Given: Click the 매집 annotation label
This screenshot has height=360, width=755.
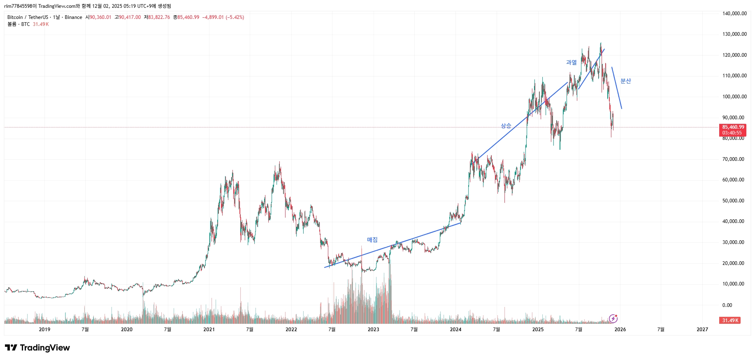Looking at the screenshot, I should (x=372, y=240).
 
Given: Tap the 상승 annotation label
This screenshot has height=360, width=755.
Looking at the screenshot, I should (x=506, y=126).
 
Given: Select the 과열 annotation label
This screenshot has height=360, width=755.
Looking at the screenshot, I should (x=571, y=63).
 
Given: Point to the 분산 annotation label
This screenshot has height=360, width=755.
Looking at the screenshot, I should (x=625, y=81).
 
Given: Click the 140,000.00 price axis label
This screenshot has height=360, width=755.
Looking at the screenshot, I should (x=734, y=14).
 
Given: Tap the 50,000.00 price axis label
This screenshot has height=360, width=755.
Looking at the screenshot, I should (x=733, y=201).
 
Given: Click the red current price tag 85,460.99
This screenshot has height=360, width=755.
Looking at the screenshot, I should (x=733, y=128).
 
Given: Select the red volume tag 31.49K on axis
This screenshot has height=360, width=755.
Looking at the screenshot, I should (x=730, y=321).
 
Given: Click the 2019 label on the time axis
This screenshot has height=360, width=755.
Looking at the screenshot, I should (x=44, y=330).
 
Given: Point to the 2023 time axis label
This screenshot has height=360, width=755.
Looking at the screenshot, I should (x=373, y=330).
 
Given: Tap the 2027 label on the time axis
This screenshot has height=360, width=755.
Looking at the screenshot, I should (x=702, y=330).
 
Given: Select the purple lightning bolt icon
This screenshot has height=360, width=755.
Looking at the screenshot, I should (x=613, y=318).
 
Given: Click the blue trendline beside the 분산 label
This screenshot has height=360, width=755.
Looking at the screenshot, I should (x=617, y=88).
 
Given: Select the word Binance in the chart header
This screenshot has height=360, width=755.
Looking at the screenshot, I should (x=73, y=17).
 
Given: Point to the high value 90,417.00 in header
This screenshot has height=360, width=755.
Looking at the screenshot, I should (x=130, y=17).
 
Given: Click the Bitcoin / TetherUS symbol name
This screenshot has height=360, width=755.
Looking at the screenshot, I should (x=27, y=17).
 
